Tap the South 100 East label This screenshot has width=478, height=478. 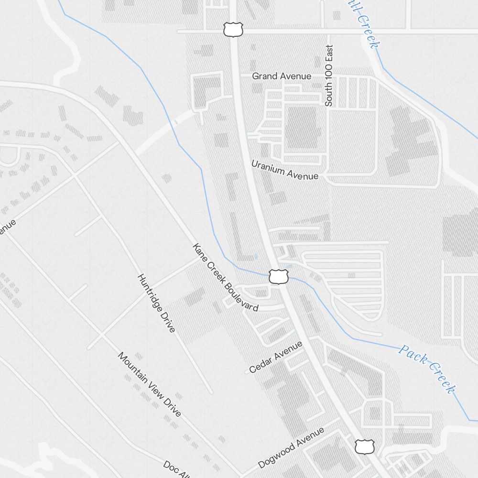point(329,76)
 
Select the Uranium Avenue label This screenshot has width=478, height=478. point(285,170)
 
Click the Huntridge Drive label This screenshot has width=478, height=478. point(156,303)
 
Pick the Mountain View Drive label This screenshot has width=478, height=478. point(150,384)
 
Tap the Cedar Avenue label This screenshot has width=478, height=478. point(276,357)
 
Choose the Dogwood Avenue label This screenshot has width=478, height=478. point(291,448)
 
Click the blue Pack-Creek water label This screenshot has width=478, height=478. point(426,369)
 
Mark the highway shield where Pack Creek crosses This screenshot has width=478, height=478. point(278,276)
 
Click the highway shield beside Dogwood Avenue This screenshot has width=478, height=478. point(364,447)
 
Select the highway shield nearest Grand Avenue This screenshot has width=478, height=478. point(231,30)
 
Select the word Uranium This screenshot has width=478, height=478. point(269,167)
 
